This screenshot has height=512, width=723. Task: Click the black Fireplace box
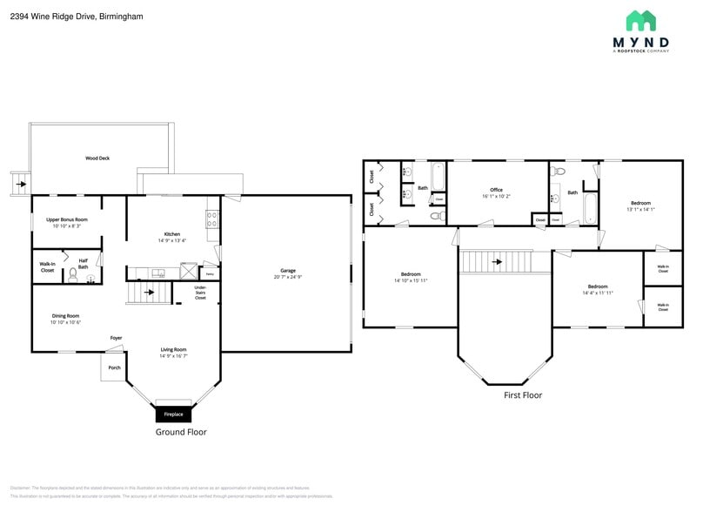[x=174, y=414]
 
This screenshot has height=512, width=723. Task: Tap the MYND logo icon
[x=640, y=21]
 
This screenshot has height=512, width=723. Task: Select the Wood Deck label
[x=97, y=158]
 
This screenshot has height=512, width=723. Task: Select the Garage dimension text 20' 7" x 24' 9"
[x=287, y=277]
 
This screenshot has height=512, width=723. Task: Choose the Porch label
[x=114, y=367]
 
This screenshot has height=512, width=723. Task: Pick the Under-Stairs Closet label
[x=200, y=292]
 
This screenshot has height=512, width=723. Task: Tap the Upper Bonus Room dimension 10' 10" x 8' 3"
[x=67, y=226]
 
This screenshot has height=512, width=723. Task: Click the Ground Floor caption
[x=181, y=432]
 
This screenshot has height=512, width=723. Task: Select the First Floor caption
[x=523, y=394]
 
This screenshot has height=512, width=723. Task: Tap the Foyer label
[x=116, y=338]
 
